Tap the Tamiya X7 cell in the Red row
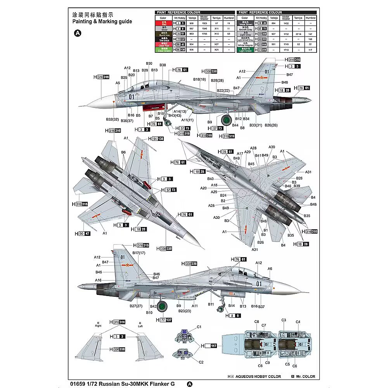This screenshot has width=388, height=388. [x=217, y=24]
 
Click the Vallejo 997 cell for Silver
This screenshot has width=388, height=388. [x=191, y=29]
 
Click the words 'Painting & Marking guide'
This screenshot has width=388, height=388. [x=102, y=21]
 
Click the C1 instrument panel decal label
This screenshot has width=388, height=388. [x=199, y=327]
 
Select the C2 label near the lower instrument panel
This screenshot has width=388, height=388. [x=201, y=362]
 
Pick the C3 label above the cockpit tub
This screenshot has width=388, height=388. [x=284, y=320]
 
